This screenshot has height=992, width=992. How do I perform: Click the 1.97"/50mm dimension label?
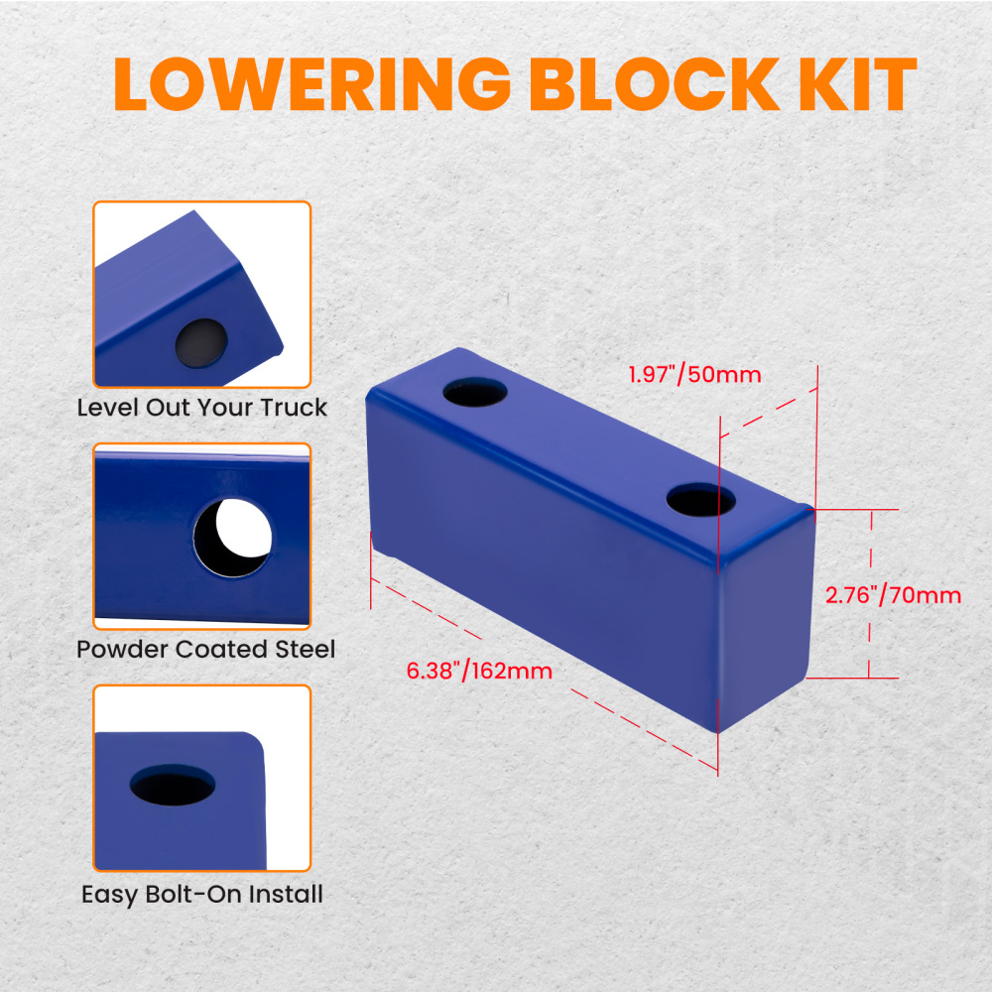[x=694, y=375]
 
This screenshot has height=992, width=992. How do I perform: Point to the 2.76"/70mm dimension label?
[x=893, y=595]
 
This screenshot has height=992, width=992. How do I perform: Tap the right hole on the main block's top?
[x=700, y=499]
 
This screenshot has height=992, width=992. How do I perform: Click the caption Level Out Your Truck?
[x=202, y=407]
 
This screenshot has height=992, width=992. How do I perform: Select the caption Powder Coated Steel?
[x=205, y=650]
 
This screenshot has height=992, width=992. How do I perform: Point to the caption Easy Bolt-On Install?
[x=202, y=894]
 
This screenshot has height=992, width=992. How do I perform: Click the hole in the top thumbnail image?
[x=201, y=342]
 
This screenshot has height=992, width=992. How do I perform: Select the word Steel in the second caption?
[x=306, y=650]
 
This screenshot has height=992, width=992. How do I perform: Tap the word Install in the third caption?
[x=286, y=894]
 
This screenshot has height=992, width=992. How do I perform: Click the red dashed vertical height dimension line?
[x=871, y=595]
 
